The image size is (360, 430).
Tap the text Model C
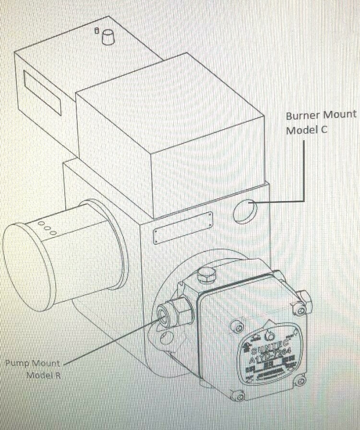(x=307, y=130)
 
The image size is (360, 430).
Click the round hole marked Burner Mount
(x=245, y=211)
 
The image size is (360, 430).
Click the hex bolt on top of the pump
(x=205, y=275)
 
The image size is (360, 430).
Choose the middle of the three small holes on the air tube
(x=47, y=228)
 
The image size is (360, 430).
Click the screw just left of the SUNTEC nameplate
(x=236, y=327)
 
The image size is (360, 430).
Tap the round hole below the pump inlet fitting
(x=166, y=336)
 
